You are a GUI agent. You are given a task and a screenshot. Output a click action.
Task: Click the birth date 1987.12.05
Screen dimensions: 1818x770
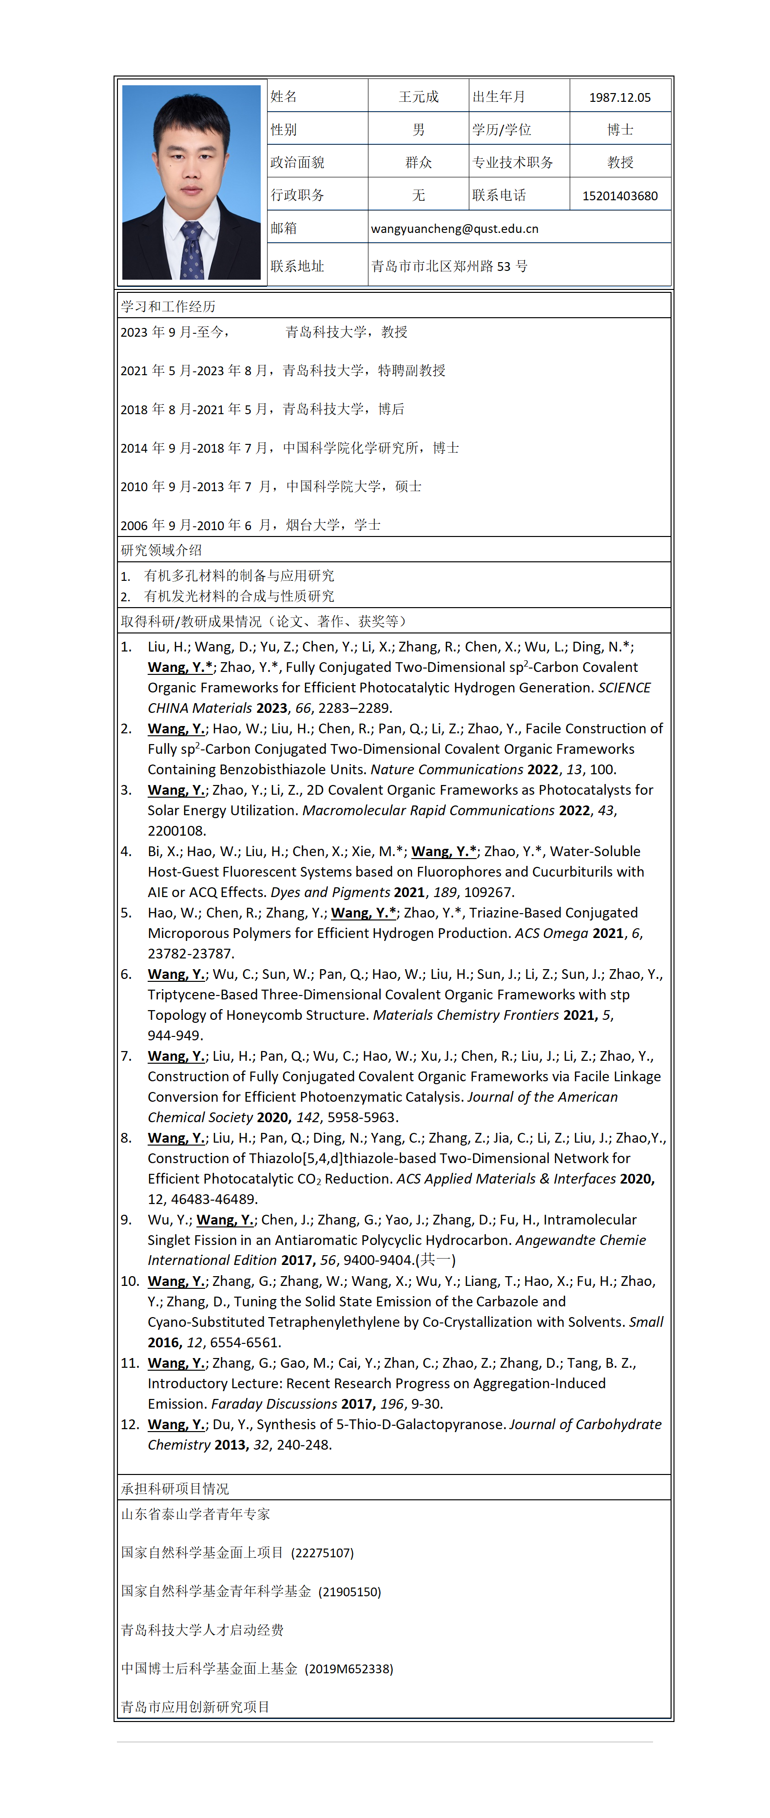620,97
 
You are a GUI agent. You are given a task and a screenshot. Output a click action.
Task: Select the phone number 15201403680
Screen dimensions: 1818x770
620,195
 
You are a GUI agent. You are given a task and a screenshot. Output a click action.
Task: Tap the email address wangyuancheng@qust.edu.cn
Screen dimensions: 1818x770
455,229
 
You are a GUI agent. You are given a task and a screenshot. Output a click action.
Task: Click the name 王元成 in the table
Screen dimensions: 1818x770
419,96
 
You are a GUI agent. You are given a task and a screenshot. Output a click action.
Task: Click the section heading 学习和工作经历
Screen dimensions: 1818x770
168,306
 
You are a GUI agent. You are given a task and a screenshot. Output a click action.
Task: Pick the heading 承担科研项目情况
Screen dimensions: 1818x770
174,1489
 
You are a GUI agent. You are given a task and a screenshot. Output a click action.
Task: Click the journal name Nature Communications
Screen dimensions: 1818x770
447,769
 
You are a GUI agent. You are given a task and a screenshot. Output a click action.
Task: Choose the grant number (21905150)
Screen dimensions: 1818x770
349,1591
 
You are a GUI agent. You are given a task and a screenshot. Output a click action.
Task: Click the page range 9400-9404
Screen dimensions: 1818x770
378,1260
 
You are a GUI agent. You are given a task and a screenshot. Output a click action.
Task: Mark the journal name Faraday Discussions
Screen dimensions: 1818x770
274,1404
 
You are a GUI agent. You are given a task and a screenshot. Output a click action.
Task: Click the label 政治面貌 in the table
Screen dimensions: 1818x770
297,162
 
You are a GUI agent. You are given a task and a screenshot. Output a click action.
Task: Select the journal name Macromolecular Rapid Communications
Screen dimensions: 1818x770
428,810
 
